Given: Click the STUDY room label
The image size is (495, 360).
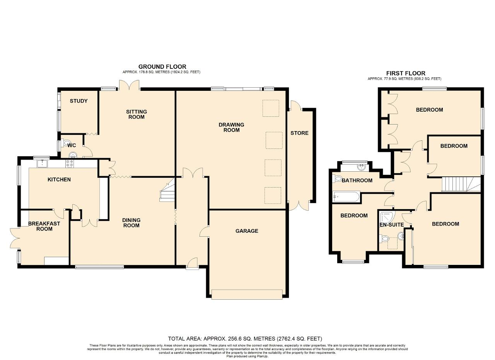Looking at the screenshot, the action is [x=79, y=101].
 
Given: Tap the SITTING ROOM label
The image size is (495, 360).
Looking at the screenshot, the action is [x=137, y=114].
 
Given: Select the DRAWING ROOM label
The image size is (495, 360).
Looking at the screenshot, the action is [x=231, y=127].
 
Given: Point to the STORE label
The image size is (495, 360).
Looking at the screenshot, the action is [x=299, y=133].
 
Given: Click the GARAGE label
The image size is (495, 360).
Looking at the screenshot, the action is [x=247, y=231].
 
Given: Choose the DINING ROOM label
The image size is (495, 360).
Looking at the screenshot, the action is [x=131, y=223].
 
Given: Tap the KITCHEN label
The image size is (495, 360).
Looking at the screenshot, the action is [x=59, y=179].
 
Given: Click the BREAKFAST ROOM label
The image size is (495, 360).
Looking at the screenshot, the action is [x=44, y=226].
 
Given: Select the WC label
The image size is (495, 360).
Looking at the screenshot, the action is [x=72, y=145].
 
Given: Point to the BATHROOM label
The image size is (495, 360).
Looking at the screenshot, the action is [x=357, y=180].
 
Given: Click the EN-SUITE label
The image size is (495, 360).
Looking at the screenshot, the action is [x=392, y=225].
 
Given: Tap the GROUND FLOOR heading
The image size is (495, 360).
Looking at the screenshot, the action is [x=162, y=67].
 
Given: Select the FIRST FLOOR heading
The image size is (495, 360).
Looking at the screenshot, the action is [x=406, y=73].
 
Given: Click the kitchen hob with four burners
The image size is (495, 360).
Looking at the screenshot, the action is [x=70, y=164].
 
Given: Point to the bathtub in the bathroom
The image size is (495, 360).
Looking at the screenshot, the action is [x=346, y=197].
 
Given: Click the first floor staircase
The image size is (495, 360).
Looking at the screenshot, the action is [x=461, y=184].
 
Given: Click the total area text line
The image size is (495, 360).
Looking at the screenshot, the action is [x=245, y=339].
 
